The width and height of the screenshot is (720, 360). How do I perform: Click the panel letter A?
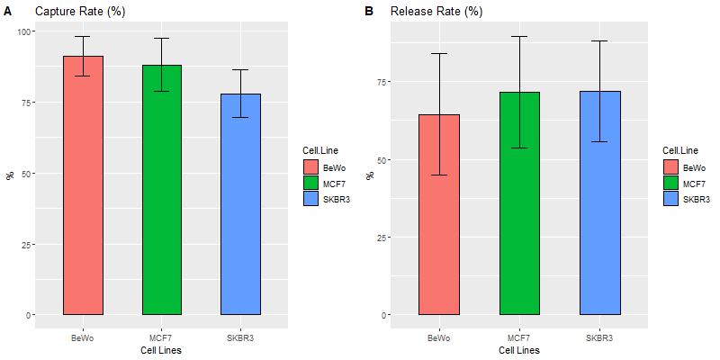coord(8,12)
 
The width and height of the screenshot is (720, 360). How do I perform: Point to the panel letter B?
coord(368,12)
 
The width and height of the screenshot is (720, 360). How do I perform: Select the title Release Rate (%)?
coord(436,12)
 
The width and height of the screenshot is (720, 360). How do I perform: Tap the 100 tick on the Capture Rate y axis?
coord(24,31)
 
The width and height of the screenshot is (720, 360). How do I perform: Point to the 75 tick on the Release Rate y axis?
coord(383,82)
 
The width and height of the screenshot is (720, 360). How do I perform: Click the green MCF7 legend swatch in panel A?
coord(310,184)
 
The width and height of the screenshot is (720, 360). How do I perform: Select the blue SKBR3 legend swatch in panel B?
coord(670,199)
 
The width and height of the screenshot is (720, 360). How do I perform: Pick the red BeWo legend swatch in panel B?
coord(670,166)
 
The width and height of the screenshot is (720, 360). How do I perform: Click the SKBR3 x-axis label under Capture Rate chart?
coord(240,337)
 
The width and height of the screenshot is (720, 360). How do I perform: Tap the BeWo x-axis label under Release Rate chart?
coord(439,337)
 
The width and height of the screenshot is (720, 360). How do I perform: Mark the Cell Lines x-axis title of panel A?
coord(161,350)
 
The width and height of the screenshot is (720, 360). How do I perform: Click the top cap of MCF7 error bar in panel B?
coord(518,36)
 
